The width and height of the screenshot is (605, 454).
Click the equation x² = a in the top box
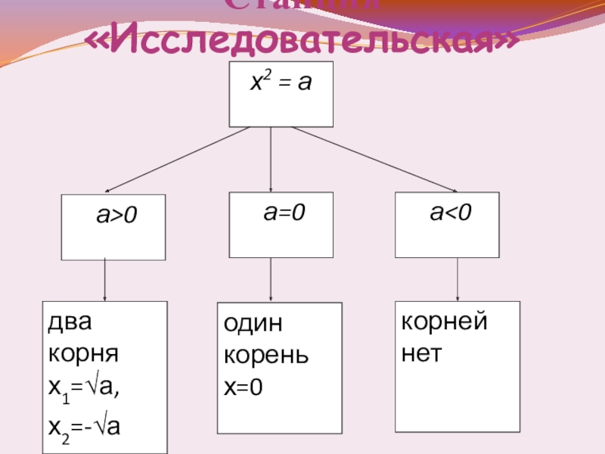[x=281, y=82]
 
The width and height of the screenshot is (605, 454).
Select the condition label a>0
[x=116, y=216]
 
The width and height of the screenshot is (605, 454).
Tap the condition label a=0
[x=284, y=213]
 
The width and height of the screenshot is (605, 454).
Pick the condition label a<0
[x=451, y=213]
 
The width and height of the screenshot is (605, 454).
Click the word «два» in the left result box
[x=70, y=322]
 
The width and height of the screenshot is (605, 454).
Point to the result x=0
[x=243, y=389]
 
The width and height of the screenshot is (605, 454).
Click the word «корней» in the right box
[x=445, y=322]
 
